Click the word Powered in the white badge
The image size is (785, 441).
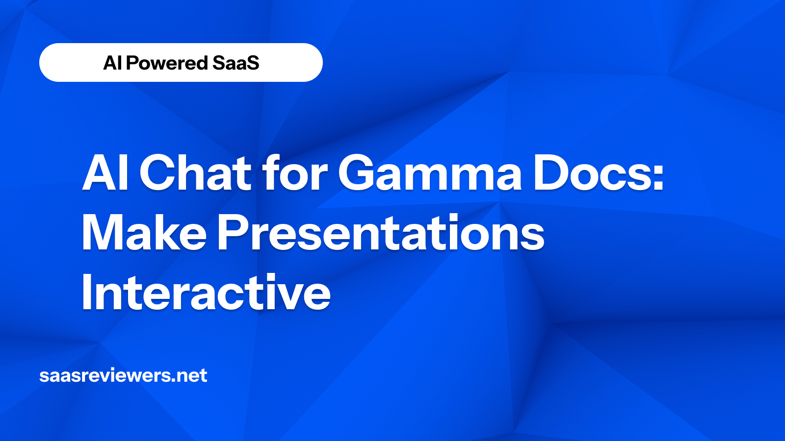pos(167,63)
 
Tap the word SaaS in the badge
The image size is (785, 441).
pos(235,63)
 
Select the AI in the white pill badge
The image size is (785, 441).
pos(112,63)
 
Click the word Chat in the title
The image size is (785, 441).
pos(195,173)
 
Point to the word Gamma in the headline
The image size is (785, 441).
pos(430,173)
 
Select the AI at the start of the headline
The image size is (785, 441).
pos(105,173)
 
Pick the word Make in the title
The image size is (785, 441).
pos(144,233)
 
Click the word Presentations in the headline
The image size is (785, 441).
pos(381,233)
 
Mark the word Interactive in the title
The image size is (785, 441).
pos(206,293)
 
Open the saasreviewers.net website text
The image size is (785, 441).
pos(123,376)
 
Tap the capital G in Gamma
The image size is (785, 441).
pos(357,173)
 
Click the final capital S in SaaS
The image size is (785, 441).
pos(253,63)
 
